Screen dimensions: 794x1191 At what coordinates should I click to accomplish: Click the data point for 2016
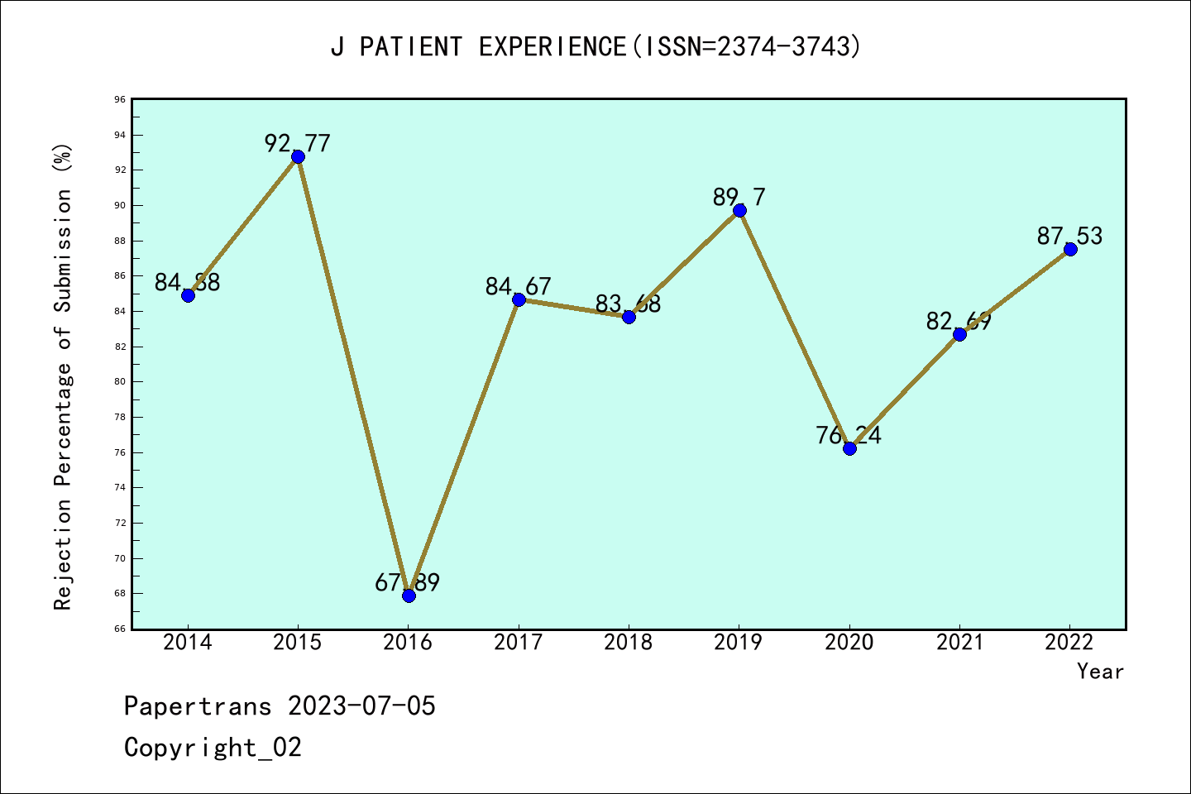pyautogui.click(x=409, y=595)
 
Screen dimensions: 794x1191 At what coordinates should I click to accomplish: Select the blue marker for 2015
pyautogui.click(x=298, y=156)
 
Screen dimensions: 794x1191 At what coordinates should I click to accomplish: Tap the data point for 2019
pyautogui.click(x=739, y=210)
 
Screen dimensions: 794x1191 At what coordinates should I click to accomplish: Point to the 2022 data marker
pyautogui.click(x=1070, y=249)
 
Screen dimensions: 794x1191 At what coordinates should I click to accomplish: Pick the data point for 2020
pyautogui.click(x=849, y=448)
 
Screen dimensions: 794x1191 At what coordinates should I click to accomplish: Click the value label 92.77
pyautogui.click(x=297, y=143)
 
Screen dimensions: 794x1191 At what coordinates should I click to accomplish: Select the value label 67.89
pyautogui.click(x=407, y=582)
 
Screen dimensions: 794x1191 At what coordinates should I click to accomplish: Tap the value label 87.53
pyautogui.click(x=1069, y=236)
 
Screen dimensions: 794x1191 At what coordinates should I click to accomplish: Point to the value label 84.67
pyautogui.click(x=518, y=286)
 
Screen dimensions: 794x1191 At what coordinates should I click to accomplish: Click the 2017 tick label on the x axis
pyautogui.click(x=518, y=643)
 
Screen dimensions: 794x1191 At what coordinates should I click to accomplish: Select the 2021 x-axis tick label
pyautogui.click(x=959, y=643)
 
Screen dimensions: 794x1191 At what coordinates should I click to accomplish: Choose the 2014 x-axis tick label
pyautogui.click(x=188, y=643)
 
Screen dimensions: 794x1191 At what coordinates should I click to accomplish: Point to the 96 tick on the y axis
pyautogui.click(x=120, y=99)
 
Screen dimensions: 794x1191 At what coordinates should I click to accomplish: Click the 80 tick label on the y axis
pyautogui.click(x=120, y=381)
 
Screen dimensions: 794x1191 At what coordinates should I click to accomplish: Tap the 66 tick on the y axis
pyautogui.click(x=120, y=629)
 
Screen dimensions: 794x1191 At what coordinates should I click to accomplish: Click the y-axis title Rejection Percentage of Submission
pyautogui.click(x=63, y=376)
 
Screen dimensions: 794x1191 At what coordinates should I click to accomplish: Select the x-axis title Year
pyautogui.click(x=1100, y=671)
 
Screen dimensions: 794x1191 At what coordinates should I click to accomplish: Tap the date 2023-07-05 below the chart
pyautogui.click(x=361, y=706)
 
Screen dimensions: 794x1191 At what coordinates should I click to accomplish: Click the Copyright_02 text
pyautogui.click(x=213, y=748)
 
